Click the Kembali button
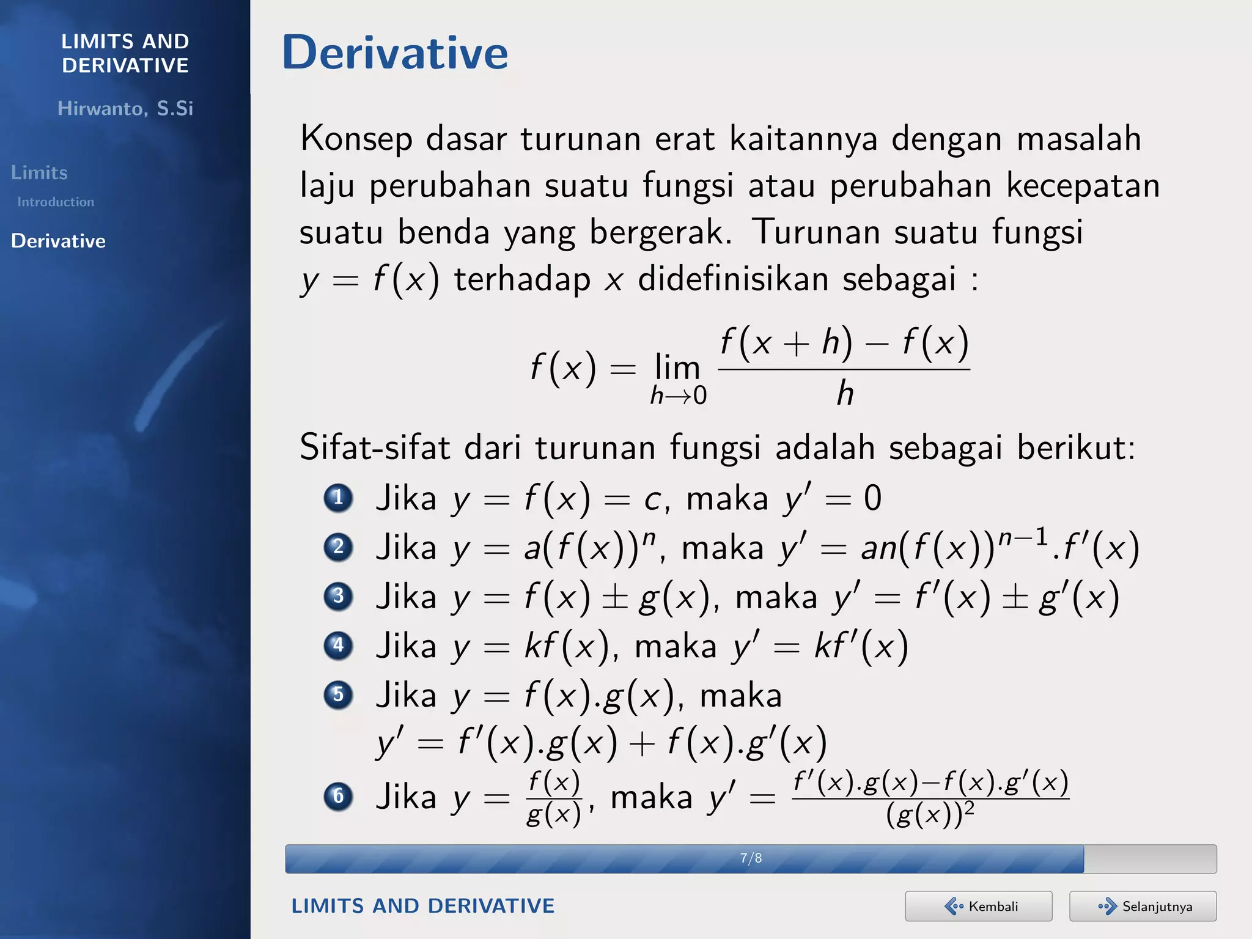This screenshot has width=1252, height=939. click(x=978, y=906)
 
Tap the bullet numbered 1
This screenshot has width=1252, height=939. click(x=338, y=498)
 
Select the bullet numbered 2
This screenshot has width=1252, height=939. click(x=338, y=547)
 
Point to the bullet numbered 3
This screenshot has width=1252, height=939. click(x=338, y=596)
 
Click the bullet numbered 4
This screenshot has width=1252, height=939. click(x=338, y=646)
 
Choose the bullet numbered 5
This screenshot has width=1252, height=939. click(x=338, y=695)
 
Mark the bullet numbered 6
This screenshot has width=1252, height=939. click(x=338, y=797)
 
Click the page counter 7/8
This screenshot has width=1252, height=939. click(x=751, y=858)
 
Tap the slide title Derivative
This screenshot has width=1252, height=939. click(x=395, y=53)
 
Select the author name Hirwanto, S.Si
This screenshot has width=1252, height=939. click(x=125, y=108)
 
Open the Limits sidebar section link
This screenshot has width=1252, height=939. click(x=39, y=172)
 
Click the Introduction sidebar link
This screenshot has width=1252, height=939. click(x=56, y=202)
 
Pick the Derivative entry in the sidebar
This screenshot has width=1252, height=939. click(x=58, y=241)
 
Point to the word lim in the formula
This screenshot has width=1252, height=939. click(x=677, y=367)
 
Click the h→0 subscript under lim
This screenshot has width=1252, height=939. click(x=679, y=396)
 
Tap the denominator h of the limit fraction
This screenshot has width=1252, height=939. click(x=845, y=393)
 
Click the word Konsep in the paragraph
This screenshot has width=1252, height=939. click(x=356, y=139)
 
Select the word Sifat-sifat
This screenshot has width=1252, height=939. click(x=375, y=447)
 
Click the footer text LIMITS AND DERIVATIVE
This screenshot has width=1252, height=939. click(x=422, y=906)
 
